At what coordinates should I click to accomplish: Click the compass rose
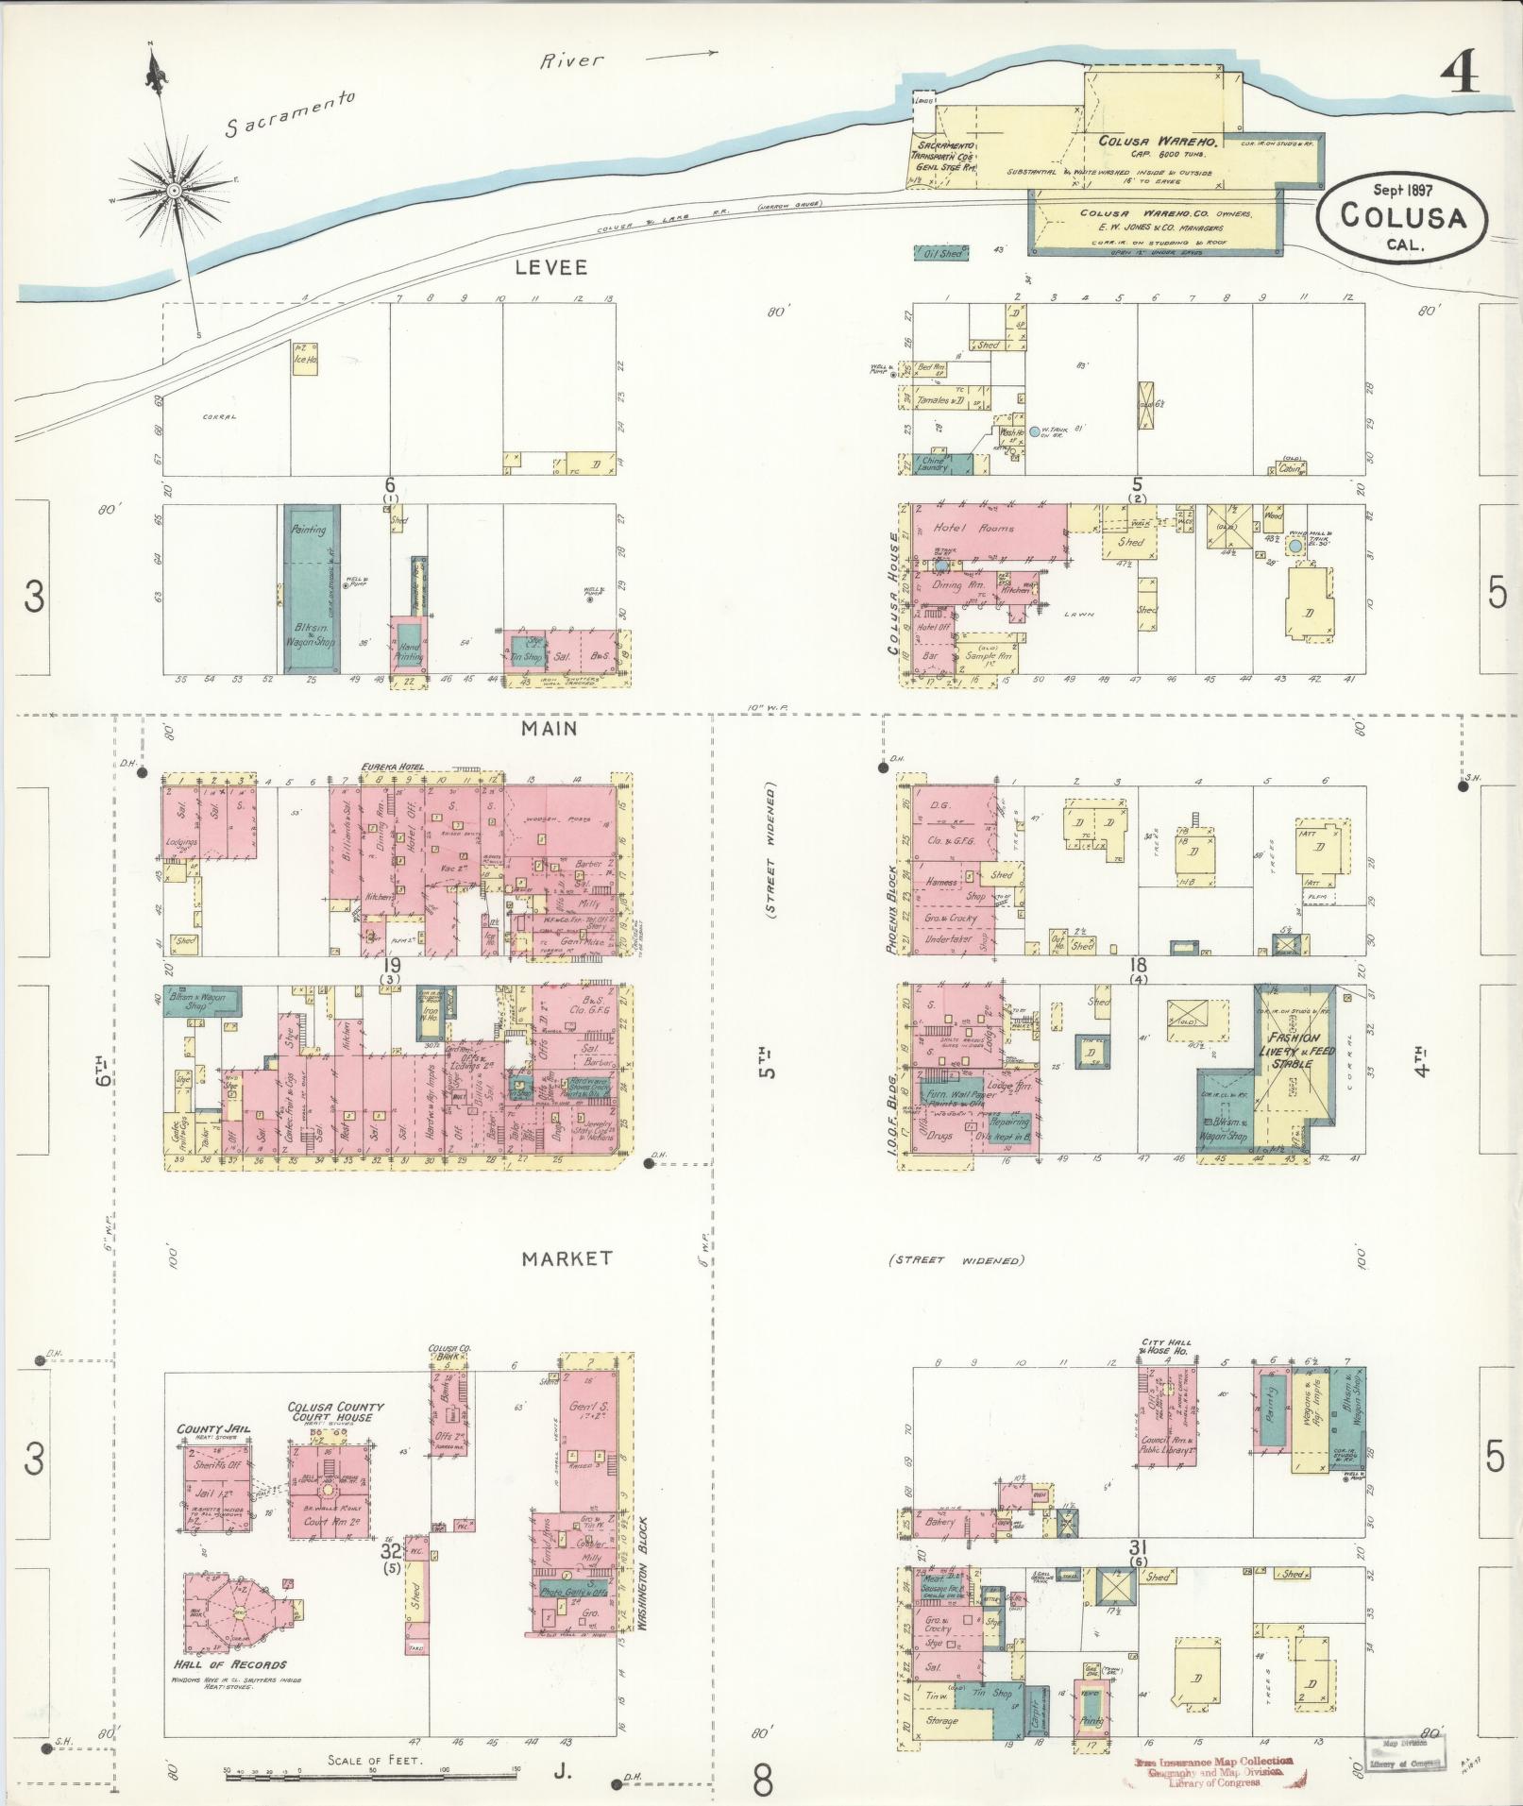coord(174,191)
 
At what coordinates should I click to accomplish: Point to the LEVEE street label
coord(550,267)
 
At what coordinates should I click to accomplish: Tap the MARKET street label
coord(567,1257)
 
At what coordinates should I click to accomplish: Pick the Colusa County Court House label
coord(335,1412)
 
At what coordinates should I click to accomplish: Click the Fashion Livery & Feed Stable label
coord(1294,1050)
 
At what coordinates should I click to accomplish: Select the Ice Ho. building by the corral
coord(304,360)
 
